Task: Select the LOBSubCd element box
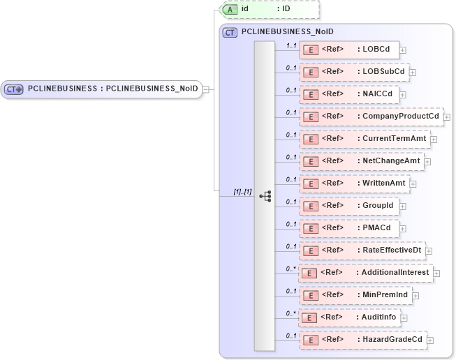pyautogui.click(x=353, y=71)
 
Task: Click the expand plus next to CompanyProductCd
pyautogui.click(x=447, y=117)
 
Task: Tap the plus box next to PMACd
pyautogui.click(x=403, y=228)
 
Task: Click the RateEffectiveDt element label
pyautogui.click(x=391, y=250)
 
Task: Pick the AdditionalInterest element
pyautogui.click(x=365, y=272)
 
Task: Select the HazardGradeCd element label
pyautogui.click(x=392, y=339)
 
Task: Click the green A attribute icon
pyautogui.click(x=230, y=9)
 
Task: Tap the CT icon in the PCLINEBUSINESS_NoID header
pyautogui.click(x=230, y=32)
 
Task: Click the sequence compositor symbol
pyautogui.click(x=265, y=196)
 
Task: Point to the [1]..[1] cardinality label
pyautogui.click(x=242, y=191)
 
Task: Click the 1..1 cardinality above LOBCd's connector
pyautogui.click(x=292, y=45)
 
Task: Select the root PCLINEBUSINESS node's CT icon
pyautogui.click(x=14, y=89)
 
